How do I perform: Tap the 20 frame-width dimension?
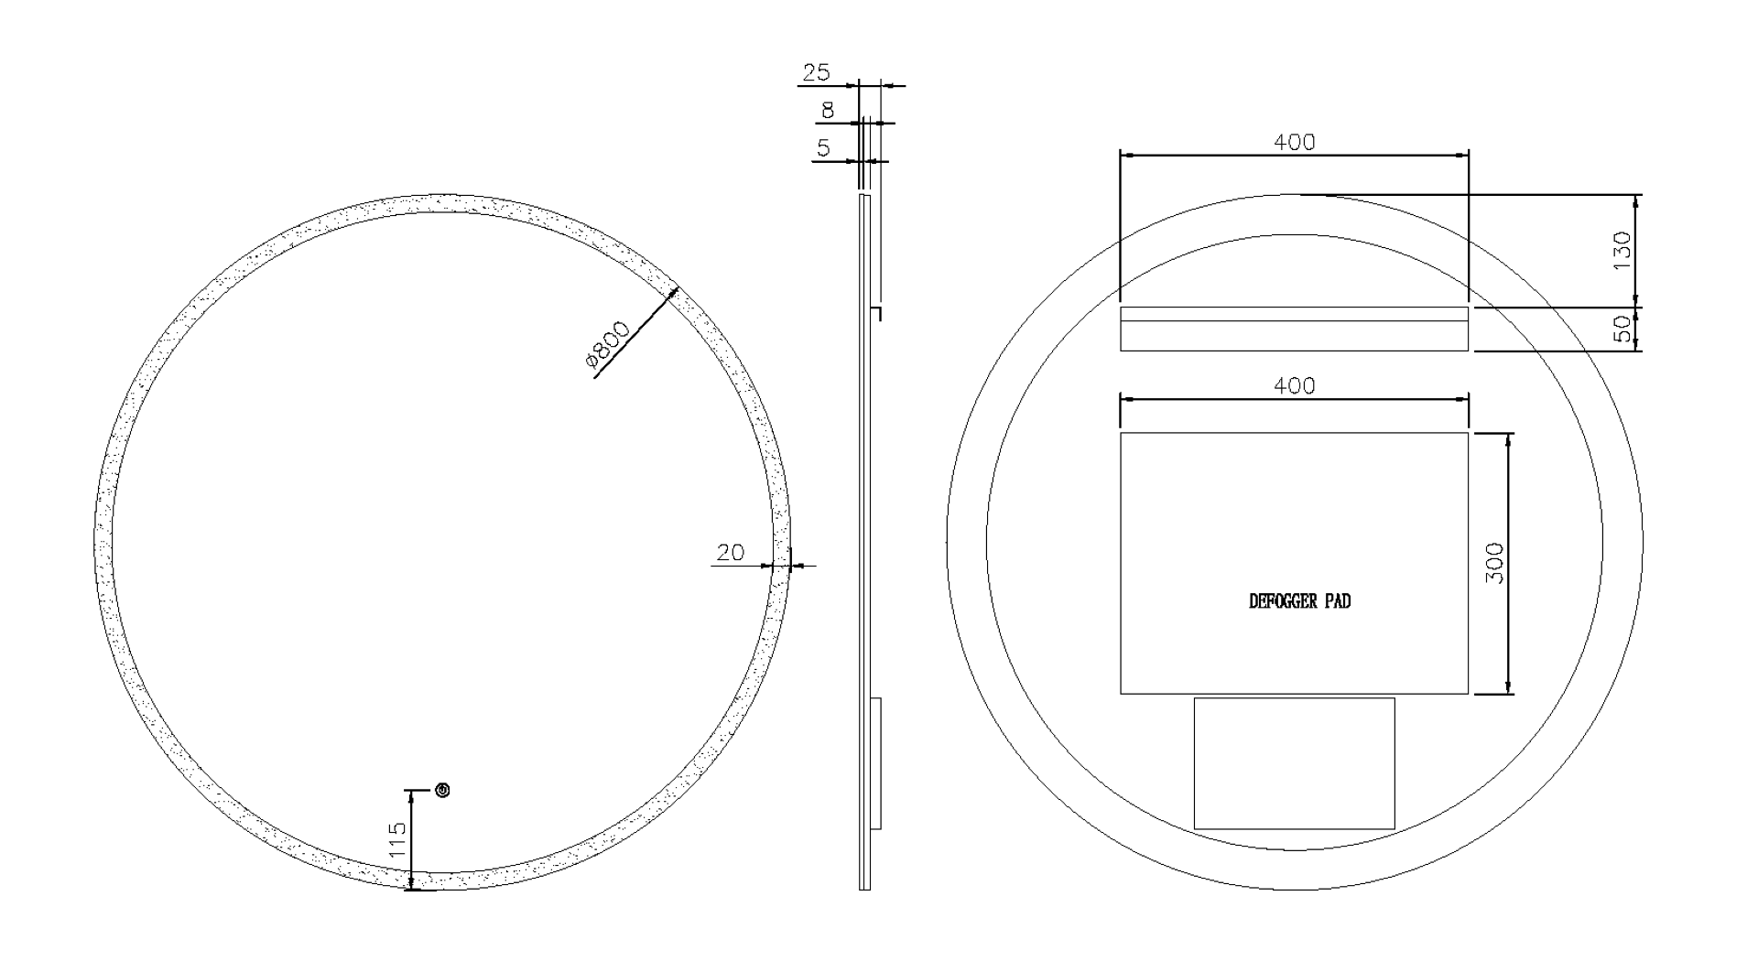[x=730, y=552]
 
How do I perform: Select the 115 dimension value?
[x=396, y=839]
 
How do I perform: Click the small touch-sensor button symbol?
[x=443, y=790]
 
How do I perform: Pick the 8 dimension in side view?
[x=828, y=111]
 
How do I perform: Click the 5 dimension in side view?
[x=824, y=147]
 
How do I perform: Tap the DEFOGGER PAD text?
[x=1299, y=601]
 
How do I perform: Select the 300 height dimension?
[x=1493, y=564]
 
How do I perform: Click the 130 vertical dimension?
[x=1622, y=252]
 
